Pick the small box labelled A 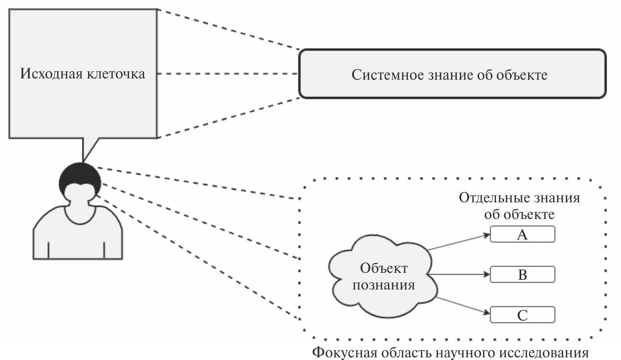(522, 234)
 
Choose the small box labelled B (522, 275)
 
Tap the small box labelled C (522, 315)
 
